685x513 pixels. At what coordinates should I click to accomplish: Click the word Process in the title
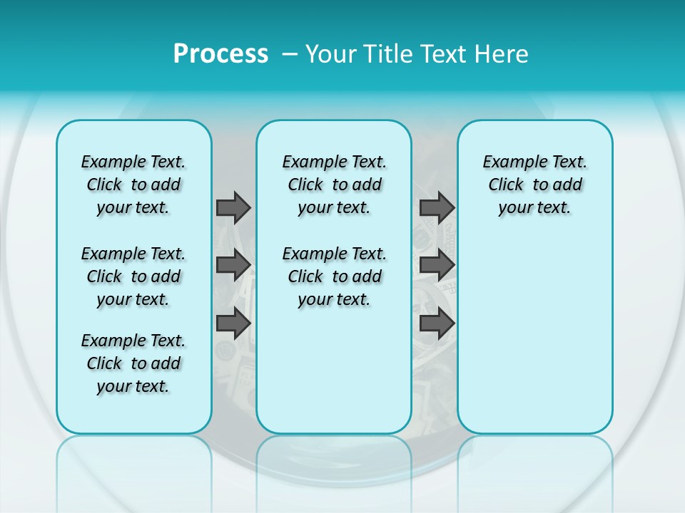(x=220, y=54)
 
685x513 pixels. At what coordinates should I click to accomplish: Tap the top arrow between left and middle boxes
(x=233, y=207)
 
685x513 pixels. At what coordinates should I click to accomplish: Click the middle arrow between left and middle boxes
(x=233, y=265)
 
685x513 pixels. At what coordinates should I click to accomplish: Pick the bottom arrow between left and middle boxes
(x=233, y=323)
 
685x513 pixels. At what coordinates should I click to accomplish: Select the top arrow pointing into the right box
(x=437, y=207)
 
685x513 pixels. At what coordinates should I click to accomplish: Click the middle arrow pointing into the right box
(x=437, y=265)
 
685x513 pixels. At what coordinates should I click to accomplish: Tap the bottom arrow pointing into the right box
(x=437, y=324)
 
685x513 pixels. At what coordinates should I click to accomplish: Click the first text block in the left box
(x=133, y=185)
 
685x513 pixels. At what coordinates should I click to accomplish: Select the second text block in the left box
(x=133, y=276)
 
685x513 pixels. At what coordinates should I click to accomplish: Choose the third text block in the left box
(x=133, y=363)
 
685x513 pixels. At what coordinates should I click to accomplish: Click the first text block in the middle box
(x=334, y=185)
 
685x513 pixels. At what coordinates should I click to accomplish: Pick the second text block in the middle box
(x=334, y=276)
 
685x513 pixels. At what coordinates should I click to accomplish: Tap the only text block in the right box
(x=535, y=185)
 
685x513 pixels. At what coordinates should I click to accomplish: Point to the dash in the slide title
(x=290, y=54)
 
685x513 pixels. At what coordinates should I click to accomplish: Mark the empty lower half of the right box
(x=535, y=342)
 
